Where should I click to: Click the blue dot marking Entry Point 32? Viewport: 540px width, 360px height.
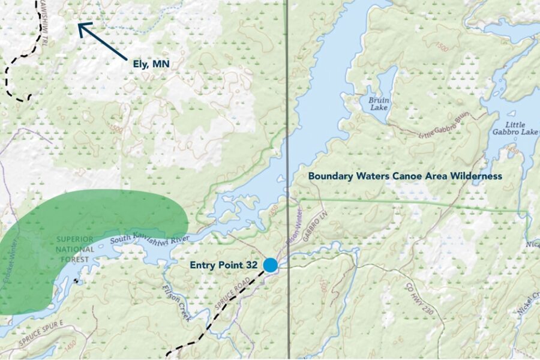click(x=271, y=265)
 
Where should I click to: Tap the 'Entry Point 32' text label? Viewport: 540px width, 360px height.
click(x=224, y=265)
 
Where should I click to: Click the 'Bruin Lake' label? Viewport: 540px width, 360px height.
click(x=379, y=104)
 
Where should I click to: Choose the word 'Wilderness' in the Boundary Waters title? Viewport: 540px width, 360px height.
click(x=472, y=176)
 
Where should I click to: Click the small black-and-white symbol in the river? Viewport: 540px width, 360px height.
click(x=76, y=280)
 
